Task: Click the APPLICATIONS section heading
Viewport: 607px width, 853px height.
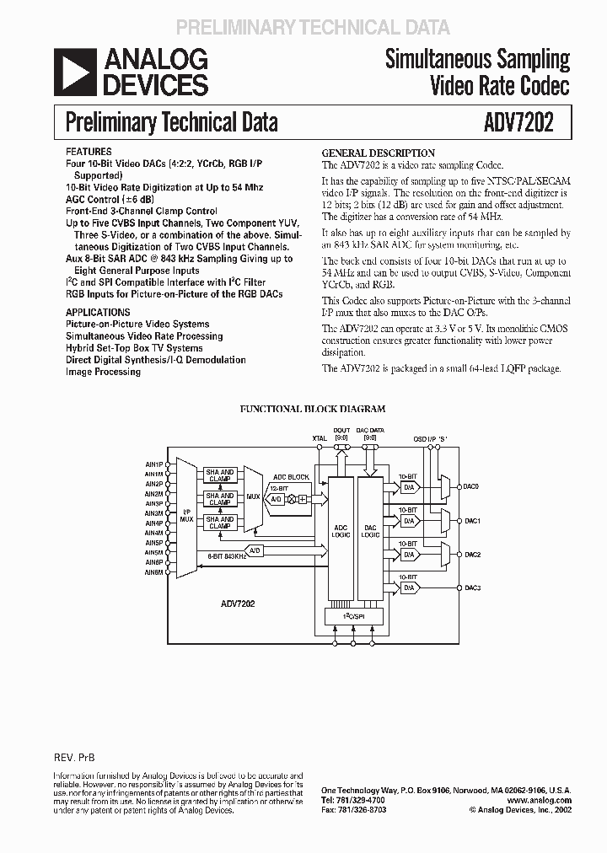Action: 98,312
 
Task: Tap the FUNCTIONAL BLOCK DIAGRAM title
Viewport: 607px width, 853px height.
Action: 313,409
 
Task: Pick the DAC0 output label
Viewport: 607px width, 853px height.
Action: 471,486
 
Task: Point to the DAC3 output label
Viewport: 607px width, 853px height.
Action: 471,587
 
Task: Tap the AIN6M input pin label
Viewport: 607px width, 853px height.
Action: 153,572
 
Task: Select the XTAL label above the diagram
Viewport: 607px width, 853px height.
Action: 320,439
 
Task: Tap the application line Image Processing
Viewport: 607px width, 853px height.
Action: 103,372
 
